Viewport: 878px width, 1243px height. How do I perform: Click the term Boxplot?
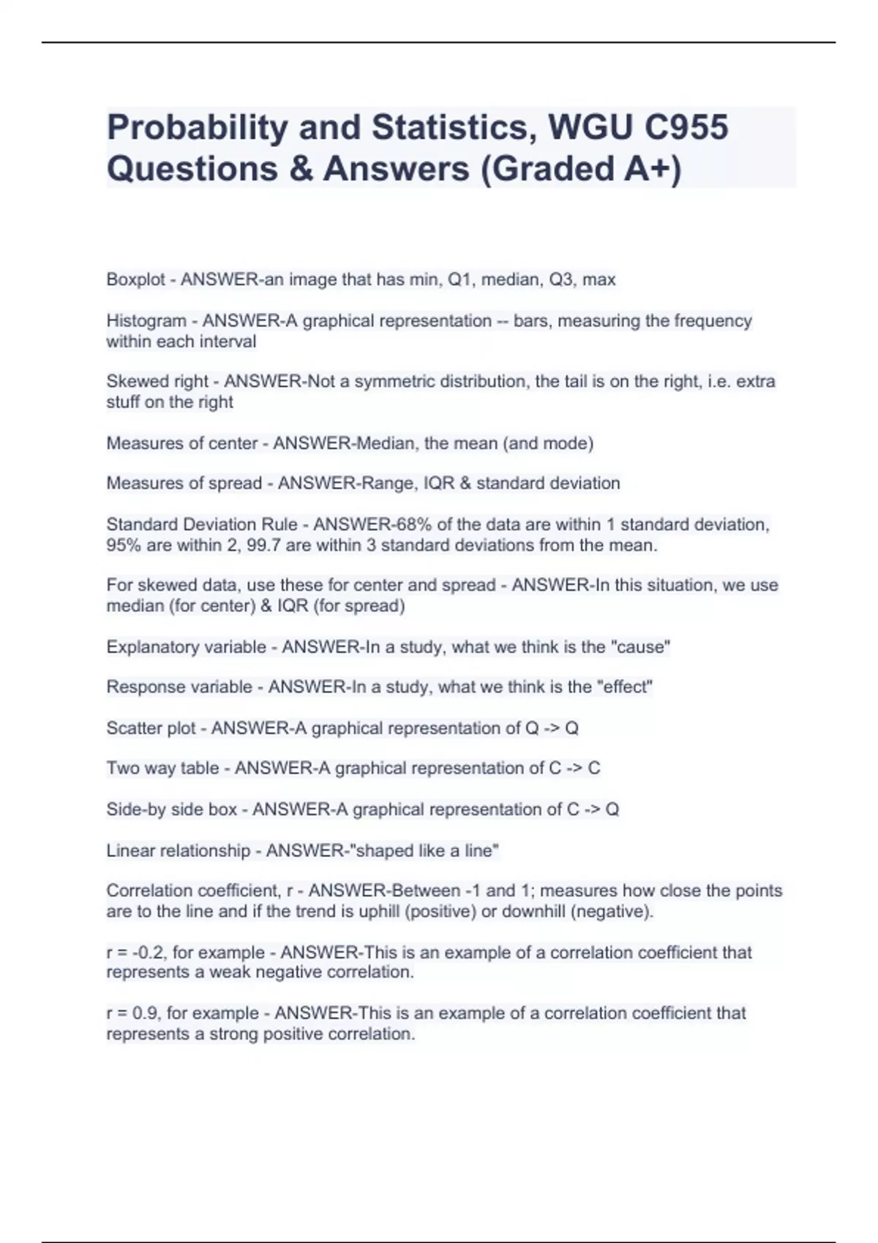tap(135, 279)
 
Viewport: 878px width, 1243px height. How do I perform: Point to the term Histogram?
tap(146, 321)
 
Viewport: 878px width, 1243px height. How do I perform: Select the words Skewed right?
tap(157, 382)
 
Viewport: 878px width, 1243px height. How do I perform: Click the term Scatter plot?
tap(151, 728)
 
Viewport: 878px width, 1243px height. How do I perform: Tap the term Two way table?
tap(162, 768)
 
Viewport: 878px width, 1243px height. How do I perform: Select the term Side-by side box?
tap(171, 809)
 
